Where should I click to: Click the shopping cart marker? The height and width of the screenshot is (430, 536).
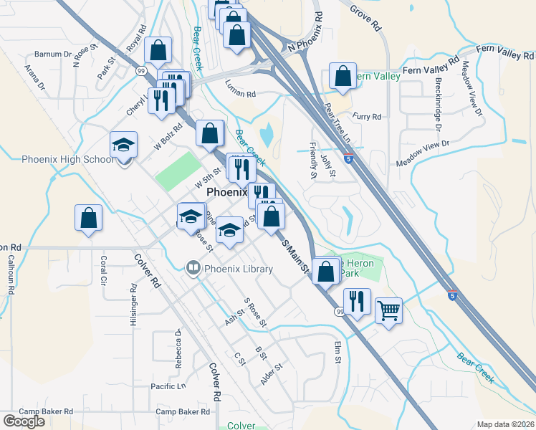coord(388,311)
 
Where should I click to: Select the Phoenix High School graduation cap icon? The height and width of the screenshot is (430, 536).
coord(123,145)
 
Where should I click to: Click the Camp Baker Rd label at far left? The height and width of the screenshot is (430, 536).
coord(46,411)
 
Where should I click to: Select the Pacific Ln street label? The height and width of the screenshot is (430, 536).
coord(168,386)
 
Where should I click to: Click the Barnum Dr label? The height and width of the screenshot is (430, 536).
coord(52,54)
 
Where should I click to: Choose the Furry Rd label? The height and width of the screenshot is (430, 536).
coord(367,116)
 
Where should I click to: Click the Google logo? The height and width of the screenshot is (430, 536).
coord(24,421)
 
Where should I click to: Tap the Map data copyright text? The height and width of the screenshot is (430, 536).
coord(506,424)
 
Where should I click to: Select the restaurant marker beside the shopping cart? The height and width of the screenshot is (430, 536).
coord(356,301)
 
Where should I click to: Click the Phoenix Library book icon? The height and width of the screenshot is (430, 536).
coord(192,269)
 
